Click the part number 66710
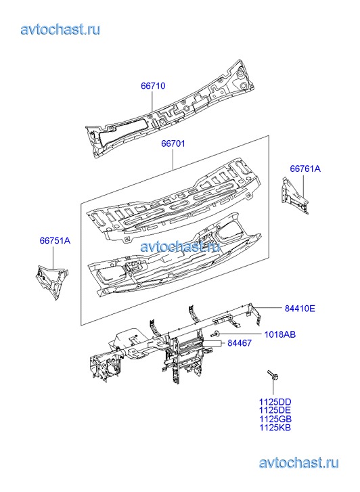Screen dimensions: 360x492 point(153,86)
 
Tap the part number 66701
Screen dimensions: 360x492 point(173,143)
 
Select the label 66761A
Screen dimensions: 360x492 point(305,169)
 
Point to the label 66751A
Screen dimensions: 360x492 point(55,241)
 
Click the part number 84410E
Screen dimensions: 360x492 point(300,309)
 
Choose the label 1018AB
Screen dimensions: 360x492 point(280,334)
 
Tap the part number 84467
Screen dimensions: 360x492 point(240,343)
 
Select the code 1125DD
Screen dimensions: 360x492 point(275,402)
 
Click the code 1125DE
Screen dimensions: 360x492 point(275,410)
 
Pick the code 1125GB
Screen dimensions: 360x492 point(275,419)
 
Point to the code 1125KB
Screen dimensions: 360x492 point(275,427)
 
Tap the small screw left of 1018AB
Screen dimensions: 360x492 point(216,334)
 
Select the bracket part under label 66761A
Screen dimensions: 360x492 point(294,196)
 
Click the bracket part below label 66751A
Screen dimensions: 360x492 point(52,282)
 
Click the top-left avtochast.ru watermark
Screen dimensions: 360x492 point(61,30)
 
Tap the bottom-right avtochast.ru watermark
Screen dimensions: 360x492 point(299,463)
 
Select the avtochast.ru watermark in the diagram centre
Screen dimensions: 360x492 point(180,246)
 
